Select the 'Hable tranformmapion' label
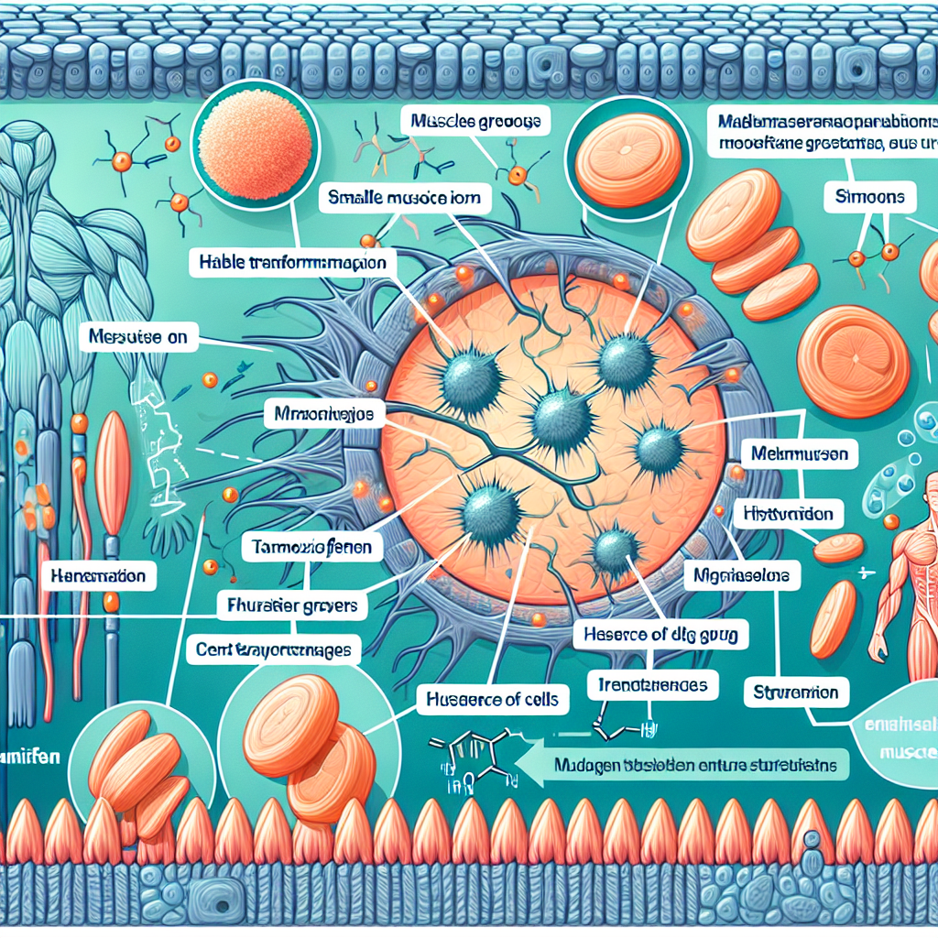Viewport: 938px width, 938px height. pyautogui.click(x=292, y=262)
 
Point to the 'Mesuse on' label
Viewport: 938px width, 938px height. pyautogui.click(x=139, y=337)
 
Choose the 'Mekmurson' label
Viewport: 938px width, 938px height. pyautogui.click(x=799, y=453)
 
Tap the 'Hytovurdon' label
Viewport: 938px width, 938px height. pyautogui.click(x=790, y=514)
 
